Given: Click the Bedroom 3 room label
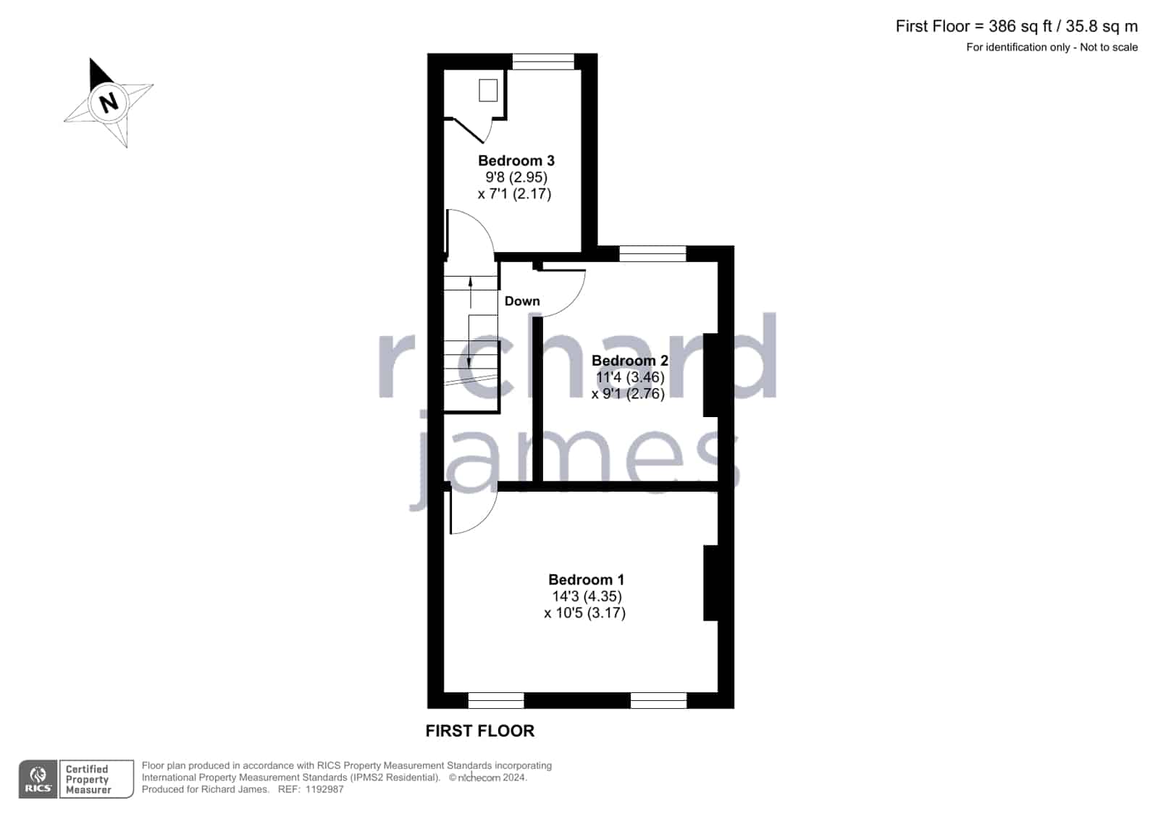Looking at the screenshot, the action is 516,161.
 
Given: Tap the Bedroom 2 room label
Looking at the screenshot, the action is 629,361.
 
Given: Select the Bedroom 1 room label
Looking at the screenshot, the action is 586,579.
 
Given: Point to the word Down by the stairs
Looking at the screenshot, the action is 522,301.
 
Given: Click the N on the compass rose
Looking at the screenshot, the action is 109,102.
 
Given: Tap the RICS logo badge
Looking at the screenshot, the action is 38,778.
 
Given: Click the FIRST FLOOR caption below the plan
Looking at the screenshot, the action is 479,731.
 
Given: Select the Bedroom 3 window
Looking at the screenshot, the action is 543,62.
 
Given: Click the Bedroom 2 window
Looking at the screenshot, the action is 653,254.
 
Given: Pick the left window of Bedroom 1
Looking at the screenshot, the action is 496,700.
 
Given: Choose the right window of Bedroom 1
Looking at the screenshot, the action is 658,700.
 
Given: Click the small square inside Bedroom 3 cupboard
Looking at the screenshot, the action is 488,91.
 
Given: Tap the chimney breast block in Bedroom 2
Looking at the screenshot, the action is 711,375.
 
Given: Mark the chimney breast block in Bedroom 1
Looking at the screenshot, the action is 711,583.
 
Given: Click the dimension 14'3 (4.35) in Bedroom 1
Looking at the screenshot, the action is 587,596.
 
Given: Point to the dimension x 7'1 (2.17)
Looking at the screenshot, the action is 514,194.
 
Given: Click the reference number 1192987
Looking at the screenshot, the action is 324,789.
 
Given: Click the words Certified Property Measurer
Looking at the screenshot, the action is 88,779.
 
